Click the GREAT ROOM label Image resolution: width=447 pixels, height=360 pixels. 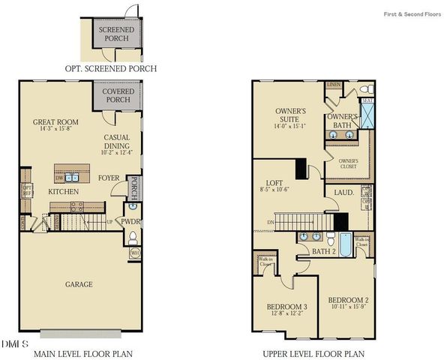[51, 121]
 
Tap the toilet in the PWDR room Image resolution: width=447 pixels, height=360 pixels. [132, 238]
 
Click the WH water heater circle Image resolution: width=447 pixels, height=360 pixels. [135, 253]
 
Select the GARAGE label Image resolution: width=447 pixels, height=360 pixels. [78, 284]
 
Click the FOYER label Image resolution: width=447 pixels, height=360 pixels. [110, 178]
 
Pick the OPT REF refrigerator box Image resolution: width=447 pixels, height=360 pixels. [26, 190]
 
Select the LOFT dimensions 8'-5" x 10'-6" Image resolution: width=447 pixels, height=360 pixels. [278, 190]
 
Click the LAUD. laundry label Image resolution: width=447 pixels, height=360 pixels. [334, 193]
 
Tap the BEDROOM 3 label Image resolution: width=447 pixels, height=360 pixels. [286, 306]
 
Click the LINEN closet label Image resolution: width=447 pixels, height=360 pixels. [333, 85]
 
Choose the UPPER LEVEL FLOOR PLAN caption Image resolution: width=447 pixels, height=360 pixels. [313, 352]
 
